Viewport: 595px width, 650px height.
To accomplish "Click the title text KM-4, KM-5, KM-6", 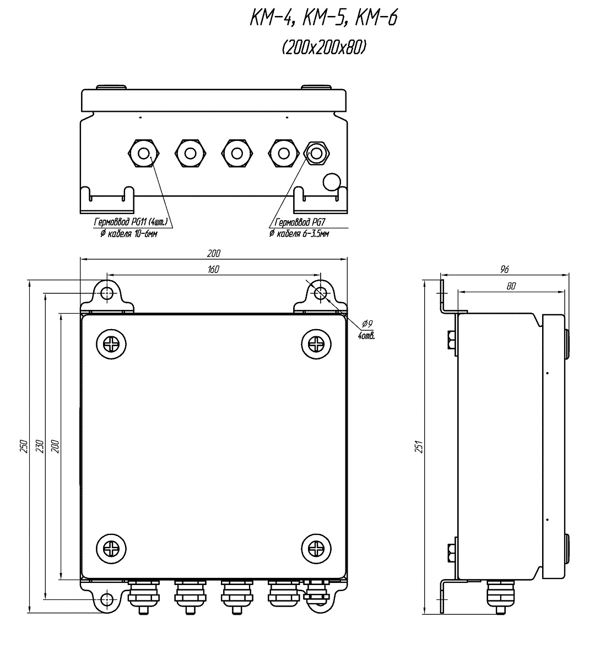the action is (323, 19).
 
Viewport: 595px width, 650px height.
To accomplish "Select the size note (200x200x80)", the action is (324, 48).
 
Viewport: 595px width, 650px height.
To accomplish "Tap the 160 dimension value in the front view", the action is (213, 269).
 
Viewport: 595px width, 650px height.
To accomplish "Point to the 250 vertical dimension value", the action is (24, 446).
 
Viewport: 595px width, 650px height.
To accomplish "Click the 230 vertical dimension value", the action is (40, 446).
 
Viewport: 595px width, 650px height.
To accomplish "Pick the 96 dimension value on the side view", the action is (504, 270).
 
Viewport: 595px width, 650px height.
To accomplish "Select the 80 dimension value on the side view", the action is (511, 286).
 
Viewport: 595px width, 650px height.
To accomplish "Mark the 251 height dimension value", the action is (419, 446).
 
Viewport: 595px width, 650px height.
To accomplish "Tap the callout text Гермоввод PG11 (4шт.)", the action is (131, 222).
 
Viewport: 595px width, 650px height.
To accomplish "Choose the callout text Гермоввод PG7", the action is (300, 222).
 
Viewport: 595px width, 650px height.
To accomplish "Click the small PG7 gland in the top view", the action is (317, 154).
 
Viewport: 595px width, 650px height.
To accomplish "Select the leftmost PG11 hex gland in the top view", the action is (144, 154).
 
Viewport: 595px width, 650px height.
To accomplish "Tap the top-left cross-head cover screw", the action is (111, 344).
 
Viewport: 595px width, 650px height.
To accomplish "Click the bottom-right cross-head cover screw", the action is (316, 549).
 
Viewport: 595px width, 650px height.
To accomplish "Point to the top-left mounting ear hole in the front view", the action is (107, 293).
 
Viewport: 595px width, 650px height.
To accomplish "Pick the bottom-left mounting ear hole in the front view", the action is (107, 599).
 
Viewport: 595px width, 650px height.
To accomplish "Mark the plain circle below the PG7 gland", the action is (332, 182).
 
